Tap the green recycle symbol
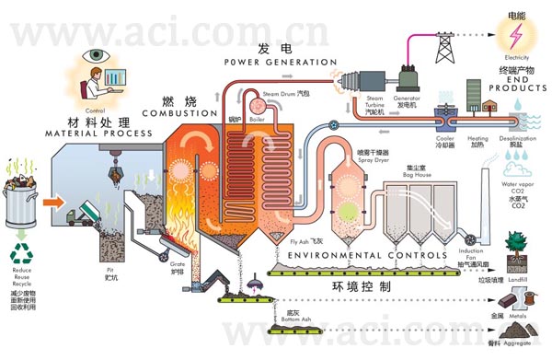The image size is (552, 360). click(21, 253)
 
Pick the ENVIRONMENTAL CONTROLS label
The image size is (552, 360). click(369, 254)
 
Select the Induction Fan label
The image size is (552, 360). click(471, 254)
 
